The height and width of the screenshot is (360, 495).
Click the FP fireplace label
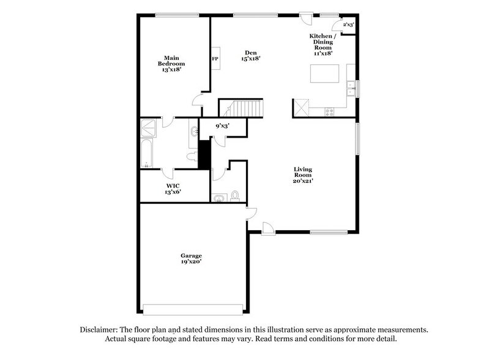(215, 59)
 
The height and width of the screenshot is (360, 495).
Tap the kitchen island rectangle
(325, 73)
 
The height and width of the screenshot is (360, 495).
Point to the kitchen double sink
(351, 89)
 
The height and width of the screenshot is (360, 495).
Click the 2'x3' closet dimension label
(348, 25)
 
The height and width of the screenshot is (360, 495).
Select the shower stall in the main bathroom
(149, 127)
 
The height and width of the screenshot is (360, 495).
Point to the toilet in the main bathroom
(192, 155)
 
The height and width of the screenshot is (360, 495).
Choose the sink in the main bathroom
(194, 130)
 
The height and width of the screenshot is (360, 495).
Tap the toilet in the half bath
(235, 196)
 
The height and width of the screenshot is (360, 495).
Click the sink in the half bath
(218, 197)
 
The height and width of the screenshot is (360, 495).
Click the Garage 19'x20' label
(192, 258)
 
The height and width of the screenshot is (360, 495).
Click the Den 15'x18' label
(251, 55)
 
